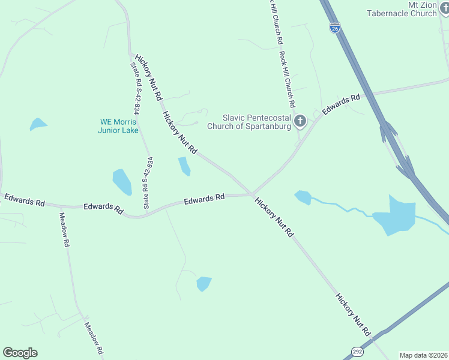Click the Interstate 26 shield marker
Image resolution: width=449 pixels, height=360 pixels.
point(334,27)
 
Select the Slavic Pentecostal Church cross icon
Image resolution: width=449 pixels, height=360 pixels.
point(300,122)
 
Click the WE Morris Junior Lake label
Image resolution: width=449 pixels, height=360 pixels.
point(119,126)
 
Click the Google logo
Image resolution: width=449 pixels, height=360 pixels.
point(20,353)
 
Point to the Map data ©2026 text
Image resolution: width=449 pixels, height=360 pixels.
point(423,355)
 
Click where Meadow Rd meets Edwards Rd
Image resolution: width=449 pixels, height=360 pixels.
point(60,207)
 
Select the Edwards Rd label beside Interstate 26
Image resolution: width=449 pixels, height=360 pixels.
point(341,103)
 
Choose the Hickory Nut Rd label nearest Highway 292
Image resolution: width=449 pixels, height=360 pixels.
point(352,314)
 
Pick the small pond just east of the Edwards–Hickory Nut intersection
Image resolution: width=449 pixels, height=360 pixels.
point(303,197)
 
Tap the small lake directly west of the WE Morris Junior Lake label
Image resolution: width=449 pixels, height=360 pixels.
point(37,124)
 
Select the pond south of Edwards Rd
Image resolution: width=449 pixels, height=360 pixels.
point(203,283)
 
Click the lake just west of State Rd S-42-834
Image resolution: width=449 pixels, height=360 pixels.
point(122,181)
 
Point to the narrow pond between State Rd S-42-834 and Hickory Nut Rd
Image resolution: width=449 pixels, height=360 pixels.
point(184,166)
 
